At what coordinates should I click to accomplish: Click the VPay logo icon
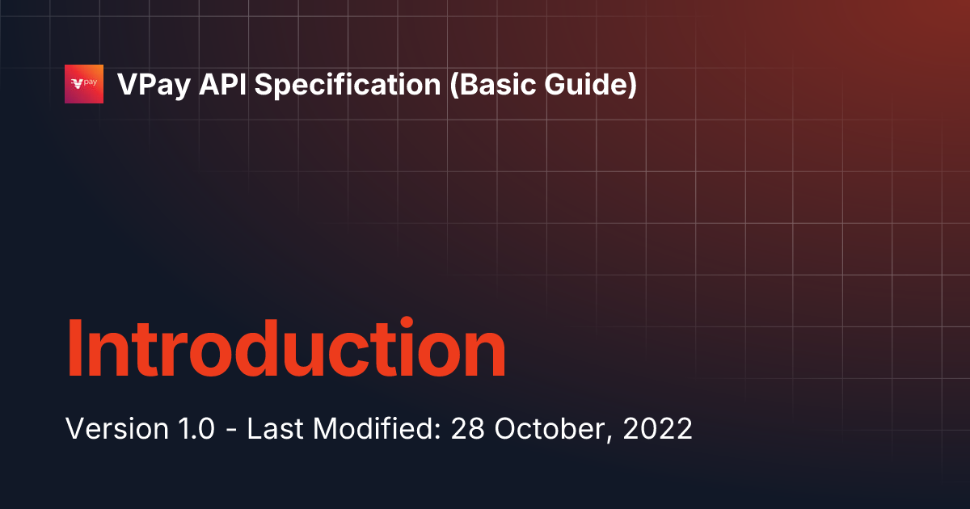coord(84,84)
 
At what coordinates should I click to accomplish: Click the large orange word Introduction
coord(285,349)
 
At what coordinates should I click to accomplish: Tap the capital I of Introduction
coord(74,349)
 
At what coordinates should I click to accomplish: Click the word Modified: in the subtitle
coord(375,429)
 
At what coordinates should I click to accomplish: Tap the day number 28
coord(467,429)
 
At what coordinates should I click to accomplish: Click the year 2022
coord(659,429)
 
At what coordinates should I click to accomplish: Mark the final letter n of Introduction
coord(483,355)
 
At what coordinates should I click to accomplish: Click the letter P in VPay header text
coord(139,85)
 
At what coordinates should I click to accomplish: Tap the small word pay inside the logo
coord(91,82)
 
